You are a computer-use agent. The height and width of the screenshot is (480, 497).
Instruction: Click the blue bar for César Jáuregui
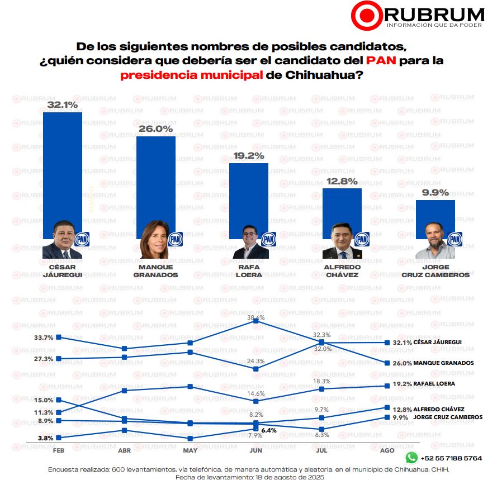[63, 168]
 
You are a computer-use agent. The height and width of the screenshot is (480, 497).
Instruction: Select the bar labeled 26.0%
[156, 179]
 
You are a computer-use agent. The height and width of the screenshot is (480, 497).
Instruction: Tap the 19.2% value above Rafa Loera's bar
[249, 156]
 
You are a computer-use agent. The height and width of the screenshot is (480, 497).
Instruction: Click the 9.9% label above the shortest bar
[436, 193]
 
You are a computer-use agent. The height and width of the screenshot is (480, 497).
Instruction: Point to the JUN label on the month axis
[255, 450]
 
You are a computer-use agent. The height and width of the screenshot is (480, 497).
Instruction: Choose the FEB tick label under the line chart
[58, 450]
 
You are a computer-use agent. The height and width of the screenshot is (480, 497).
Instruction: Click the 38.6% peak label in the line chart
[256, 318]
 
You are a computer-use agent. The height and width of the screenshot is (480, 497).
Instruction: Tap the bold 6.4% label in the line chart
[269, 430]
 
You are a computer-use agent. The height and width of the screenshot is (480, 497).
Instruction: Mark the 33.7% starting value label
[44, 338]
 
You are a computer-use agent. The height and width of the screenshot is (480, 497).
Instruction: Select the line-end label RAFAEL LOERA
[431, 384]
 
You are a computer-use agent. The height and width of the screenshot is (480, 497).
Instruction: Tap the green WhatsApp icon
[411, 458]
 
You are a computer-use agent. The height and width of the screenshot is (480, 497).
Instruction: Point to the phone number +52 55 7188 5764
[451, 458]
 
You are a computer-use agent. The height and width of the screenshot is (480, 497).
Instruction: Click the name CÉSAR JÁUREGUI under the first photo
[63, 271]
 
